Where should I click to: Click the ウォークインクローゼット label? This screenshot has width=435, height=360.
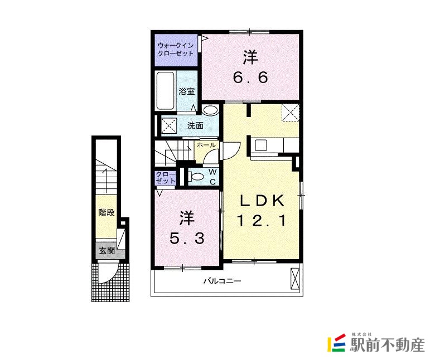coord(176,49)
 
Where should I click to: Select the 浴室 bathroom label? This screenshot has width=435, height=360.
coord(186,91)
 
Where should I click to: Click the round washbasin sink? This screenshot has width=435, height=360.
coord(210,110)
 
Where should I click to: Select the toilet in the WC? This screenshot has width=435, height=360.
coord(196,177)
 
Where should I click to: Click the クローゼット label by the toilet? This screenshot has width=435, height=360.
coord(166,178)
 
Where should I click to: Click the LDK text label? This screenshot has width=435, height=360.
coord(263,201)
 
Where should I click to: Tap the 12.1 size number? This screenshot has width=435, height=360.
coord(263,221)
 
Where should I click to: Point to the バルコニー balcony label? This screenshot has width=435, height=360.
coord(222,281)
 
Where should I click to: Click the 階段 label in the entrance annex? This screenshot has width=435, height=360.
coord(107,212)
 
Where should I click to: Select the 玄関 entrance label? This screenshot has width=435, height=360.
coord(107,250)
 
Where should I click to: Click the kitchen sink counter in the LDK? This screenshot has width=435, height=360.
coord(262,145)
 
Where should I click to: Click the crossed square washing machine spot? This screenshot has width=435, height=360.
coord(170,125)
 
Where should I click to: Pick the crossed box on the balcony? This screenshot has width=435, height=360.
coord(296,278)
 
